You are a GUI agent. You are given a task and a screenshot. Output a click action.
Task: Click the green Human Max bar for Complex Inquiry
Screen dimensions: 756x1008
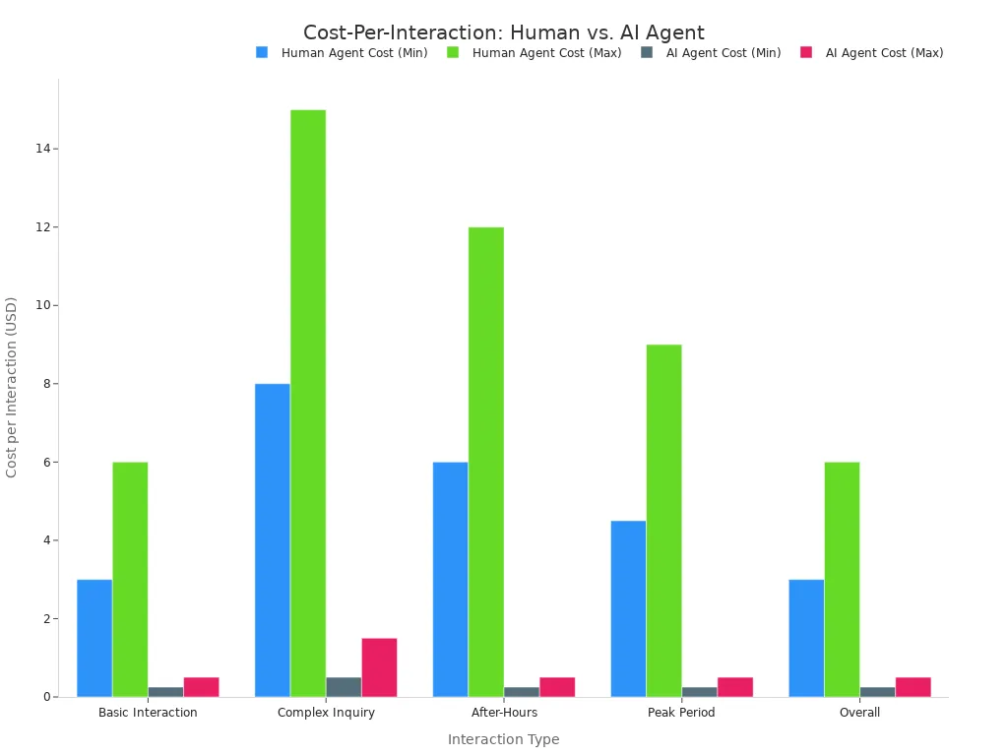click(308, 404)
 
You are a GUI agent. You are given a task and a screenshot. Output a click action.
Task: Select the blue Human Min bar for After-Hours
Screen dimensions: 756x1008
click(450, 580)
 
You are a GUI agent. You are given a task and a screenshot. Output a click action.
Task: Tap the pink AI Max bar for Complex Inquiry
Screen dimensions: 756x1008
click(379, 667)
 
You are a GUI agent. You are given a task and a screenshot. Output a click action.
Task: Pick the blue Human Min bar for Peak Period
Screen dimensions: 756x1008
click(628, 608)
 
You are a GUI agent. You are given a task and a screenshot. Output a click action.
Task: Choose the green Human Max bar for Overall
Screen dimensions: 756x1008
click(842, 580)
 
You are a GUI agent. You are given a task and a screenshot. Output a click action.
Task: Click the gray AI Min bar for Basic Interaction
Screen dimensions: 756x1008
click(165, 692)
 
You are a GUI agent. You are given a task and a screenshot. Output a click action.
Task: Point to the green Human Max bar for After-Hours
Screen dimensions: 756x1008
click(485, 462)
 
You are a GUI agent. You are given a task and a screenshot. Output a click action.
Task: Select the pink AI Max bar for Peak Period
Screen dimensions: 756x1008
click(735, 687)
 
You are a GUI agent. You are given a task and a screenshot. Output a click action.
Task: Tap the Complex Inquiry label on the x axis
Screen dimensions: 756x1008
click(326, 713)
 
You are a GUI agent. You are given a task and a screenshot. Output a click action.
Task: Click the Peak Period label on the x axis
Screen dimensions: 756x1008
click(681, 713)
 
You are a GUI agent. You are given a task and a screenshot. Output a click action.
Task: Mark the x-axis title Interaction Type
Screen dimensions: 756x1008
click(503, 739)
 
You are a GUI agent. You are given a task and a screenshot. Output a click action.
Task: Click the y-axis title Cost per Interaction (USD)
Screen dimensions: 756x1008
click(12, 387)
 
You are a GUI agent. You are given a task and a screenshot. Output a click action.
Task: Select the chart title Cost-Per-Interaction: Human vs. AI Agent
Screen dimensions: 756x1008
click(503, 32)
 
